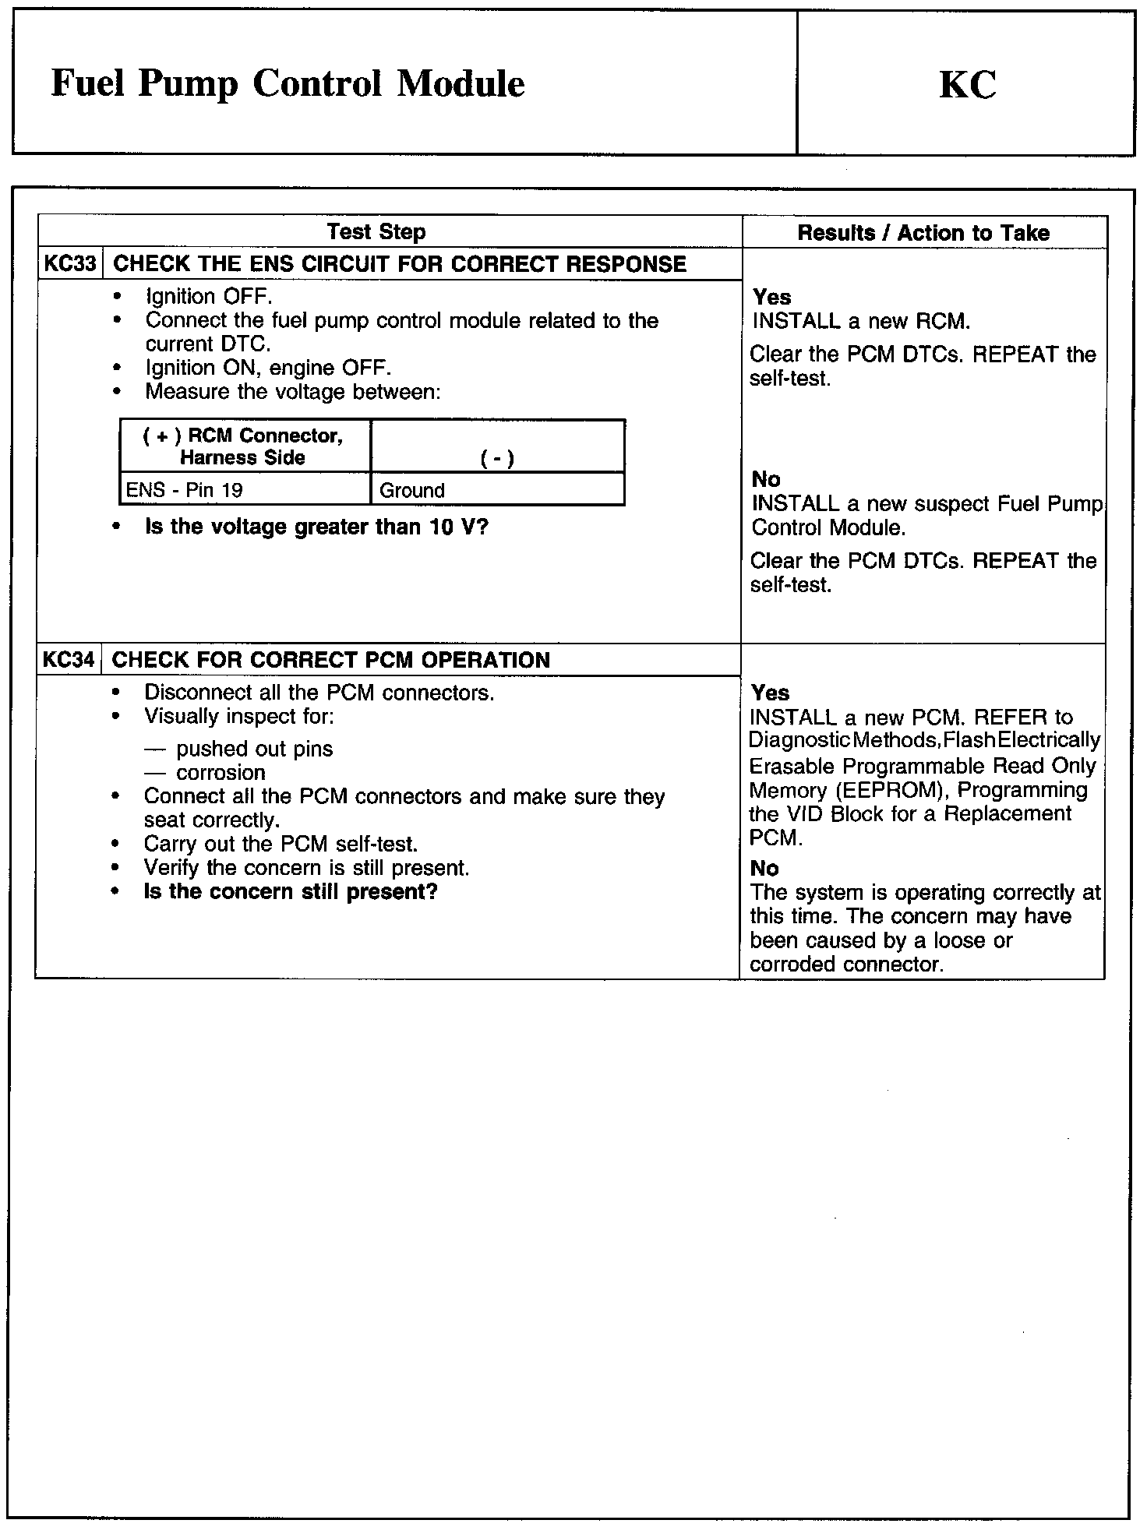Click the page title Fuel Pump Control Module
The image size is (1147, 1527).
coord(288,84)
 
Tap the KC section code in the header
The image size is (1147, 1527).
coord(967,85)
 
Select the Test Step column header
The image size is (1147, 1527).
coord(376,231)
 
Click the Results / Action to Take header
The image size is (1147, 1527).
coord(923,232)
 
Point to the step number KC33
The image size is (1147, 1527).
coord(70,263)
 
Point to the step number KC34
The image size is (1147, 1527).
coord(69,660)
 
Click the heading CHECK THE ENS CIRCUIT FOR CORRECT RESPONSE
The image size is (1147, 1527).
coord(400,264)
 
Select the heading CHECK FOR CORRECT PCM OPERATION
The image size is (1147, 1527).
coord(331,660)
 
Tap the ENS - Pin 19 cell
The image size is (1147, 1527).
coord(185,490)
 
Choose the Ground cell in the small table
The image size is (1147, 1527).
coord(412,490)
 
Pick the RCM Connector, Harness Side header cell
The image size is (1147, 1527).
coord(242,446)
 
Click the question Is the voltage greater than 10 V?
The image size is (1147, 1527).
coord(316,527)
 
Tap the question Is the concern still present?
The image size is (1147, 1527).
coord(291,891)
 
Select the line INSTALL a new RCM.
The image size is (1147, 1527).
coord(861,321)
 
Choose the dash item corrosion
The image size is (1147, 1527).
coord(221,773)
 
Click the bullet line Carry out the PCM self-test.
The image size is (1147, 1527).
coord(281,844)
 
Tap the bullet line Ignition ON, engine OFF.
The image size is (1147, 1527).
coord(268,368)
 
